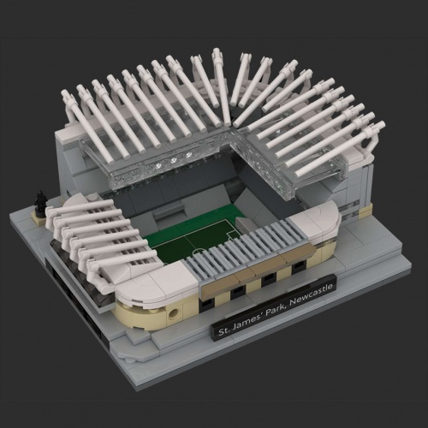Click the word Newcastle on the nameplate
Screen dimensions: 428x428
pos(311,295)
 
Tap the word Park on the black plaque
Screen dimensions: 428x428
pos(276,311)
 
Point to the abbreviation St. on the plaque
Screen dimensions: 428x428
pos(223,331)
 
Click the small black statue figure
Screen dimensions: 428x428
pos(39,201)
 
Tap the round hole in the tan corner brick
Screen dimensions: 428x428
pos(174,314)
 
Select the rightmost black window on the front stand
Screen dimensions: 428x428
pos(299,265)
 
